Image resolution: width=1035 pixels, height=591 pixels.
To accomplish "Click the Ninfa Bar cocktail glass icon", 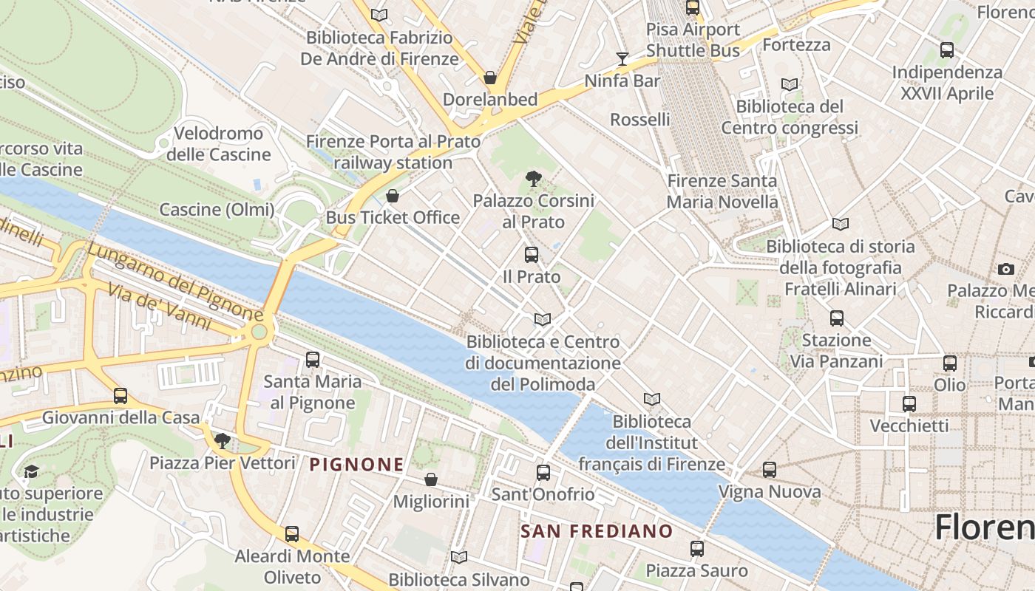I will [622, 58].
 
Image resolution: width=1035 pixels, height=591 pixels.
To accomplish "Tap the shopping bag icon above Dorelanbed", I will [489, 78].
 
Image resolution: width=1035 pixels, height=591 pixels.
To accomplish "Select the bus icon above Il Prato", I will [531, 255].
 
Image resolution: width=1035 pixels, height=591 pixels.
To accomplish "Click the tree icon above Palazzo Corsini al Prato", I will [532, 178].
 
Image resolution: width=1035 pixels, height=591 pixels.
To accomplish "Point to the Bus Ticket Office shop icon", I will [393, 196].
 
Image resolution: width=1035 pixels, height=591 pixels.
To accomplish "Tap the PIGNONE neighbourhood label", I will [357, 465].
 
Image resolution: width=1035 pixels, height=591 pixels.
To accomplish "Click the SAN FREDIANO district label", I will [597, 531].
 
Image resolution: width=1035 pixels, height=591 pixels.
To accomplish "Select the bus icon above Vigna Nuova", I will [769, 470].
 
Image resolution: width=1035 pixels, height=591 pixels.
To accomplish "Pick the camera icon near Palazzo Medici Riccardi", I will [1005, 269].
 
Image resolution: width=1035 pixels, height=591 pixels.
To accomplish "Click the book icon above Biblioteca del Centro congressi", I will [790, 84].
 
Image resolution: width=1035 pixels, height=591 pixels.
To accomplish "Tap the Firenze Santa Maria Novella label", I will [722, 191].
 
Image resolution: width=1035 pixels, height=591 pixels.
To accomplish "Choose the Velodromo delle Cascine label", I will [218, 144].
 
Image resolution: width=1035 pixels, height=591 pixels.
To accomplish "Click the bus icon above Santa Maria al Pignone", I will [313, 360].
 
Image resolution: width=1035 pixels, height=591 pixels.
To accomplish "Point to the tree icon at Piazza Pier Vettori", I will [222, 442].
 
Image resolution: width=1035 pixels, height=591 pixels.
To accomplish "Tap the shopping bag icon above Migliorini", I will [431, 480].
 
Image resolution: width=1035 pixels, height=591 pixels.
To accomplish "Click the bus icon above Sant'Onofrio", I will [543, 473].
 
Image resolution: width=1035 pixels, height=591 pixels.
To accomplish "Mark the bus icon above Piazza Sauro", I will [696, 549].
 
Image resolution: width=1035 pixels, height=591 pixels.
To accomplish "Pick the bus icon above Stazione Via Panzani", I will [836, 318].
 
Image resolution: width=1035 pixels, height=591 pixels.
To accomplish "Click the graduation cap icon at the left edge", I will [30, 471].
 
